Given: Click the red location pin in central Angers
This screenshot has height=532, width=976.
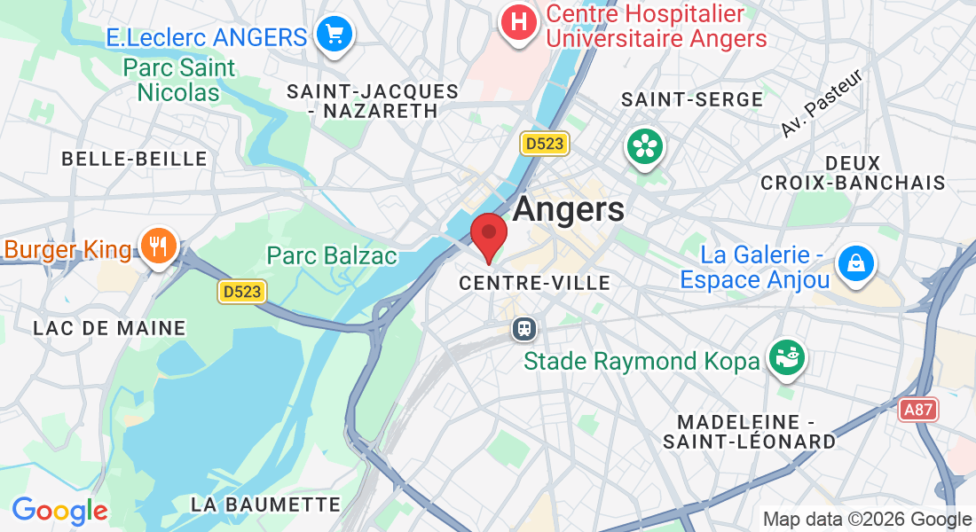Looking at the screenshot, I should point(488,235).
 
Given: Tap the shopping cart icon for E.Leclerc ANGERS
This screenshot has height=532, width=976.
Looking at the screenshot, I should point(335,35).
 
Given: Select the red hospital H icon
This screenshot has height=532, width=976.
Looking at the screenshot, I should point(520,20).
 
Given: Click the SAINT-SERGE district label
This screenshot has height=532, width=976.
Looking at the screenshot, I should point(692,99).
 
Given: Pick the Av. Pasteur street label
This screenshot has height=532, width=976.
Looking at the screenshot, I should point(823,104).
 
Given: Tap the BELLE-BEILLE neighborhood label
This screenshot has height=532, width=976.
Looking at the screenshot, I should point(134,159).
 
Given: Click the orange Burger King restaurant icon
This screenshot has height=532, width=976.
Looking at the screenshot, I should point(160,246).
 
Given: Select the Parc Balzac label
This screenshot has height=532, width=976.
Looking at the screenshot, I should point(332,256).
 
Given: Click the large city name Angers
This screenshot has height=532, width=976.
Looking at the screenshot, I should point(568,209).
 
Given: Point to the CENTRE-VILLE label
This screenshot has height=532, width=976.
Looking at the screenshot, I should point(534,284).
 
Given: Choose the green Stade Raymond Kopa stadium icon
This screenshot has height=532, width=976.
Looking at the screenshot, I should point(786,358).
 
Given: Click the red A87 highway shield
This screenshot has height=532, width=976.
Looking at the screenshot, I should point(918,410).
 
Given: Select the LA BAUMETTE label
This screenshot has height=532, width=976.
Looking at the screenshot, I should point(266,505).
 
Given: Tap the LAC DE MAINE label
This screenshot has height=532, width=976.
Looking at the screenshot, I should point(109,328).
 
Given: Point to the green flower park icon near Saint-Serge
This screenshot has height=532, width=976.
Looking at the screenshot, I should point(645,146).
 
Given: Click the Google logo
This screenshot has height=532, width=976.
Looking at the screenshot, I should point(59,512).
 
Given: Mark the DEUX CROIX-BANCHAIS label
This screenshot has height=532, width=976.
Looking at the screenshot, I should point(853,173).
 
